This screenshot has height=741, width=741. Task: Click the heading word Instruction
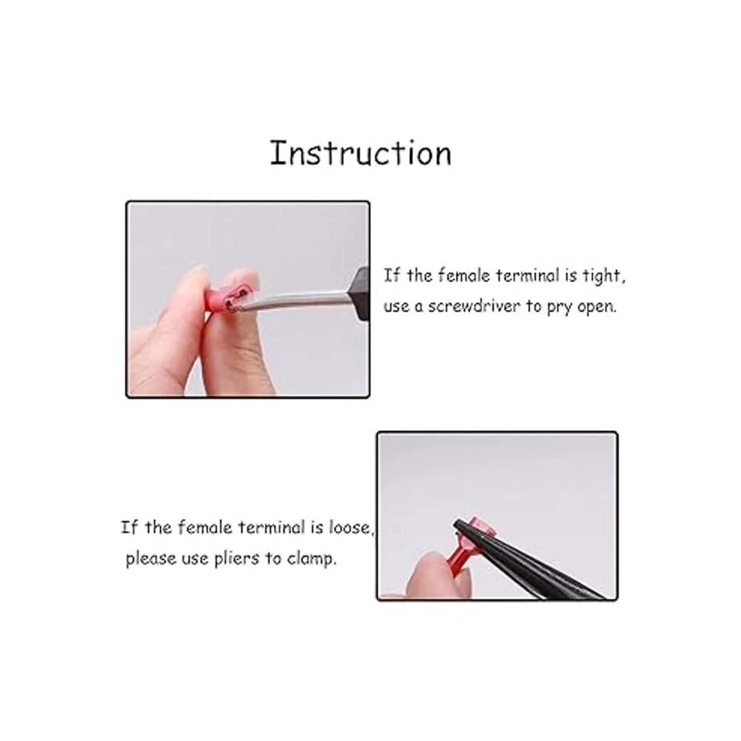(361, 153)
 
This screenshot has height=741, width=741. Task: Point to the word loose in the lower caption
(351, 527)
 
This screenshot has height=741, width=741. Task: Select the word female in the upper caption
(464, 275)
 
